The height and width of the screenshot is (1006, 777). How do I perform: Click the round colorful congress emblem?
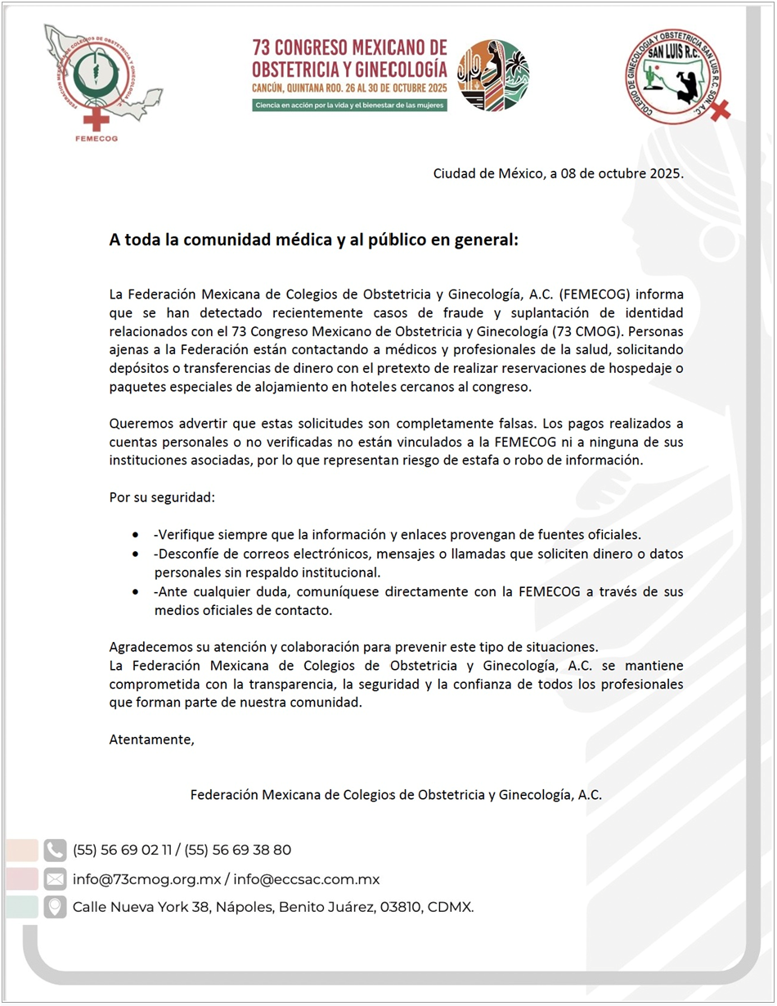click(492, 75)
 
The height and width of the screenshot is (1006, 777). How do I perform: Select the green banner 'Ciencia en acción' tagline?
click(350, 105)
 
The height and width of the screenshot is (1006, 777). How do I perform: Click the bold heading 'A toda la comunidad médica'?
click(314, 240)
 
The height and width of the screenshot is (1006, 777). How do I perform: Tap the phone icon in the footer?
click(55, 850)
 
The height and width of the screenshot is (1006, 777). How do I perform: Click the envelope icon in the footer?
click(55, 879)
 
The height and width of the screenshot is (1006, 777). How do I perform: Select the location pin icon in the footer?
click(55, 907)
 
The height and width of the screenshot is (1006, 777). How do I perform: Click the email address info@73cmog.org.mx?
click(147, 879)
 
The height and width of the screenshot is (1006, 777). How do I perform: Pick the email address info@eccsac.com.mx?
click(307, 879)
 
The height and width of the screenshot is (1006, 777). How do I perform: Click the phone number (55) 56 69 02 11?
click(123, 850)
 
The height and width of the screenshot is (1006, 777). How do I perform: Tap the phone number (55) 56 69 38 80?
click(238, 850)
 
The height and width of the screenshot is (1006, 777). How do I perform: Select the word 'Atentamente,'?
click(152, 740)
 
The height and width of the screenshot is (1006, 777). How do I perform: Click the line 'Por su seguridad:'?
click(162, 497)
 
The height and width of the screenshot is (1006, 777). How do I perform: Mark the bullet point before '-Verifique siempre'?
click(135, 535)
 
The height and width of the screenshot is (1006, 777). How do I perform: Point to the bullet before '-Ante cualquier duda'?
click(135, 591)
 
